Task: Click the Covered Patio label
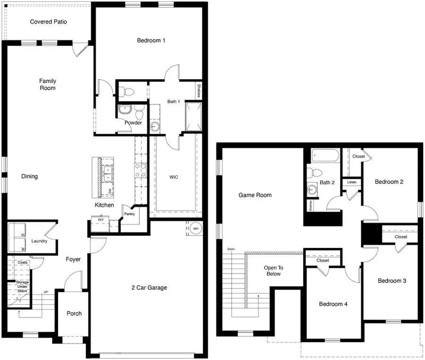pos(48,22)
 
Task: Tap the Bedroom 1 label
pos(151,41)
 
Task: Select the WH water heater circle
pos(196,229)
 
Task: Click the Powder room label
pos(133,123)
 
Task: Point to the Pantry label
pos(129,214)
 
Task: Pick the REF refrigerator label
pos(101,220)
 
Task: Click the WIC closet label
pos(174,177)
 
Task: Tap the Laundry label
pos(39,241)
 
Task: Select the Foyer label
pos(73,259)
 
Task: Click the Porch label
pos(74,313)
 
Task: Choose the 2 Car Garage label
pos(149,287)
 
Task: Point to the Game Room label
pos(255,195)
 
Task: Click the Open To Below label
pos(273,271)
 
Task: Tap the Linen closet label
pos(352,182)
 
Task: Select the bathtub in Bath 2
pos(325,156)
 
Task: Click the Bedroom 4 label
pos(333,304)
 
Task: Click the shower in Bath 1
pos(195,116)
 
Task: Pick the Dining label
pos(29,177)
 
